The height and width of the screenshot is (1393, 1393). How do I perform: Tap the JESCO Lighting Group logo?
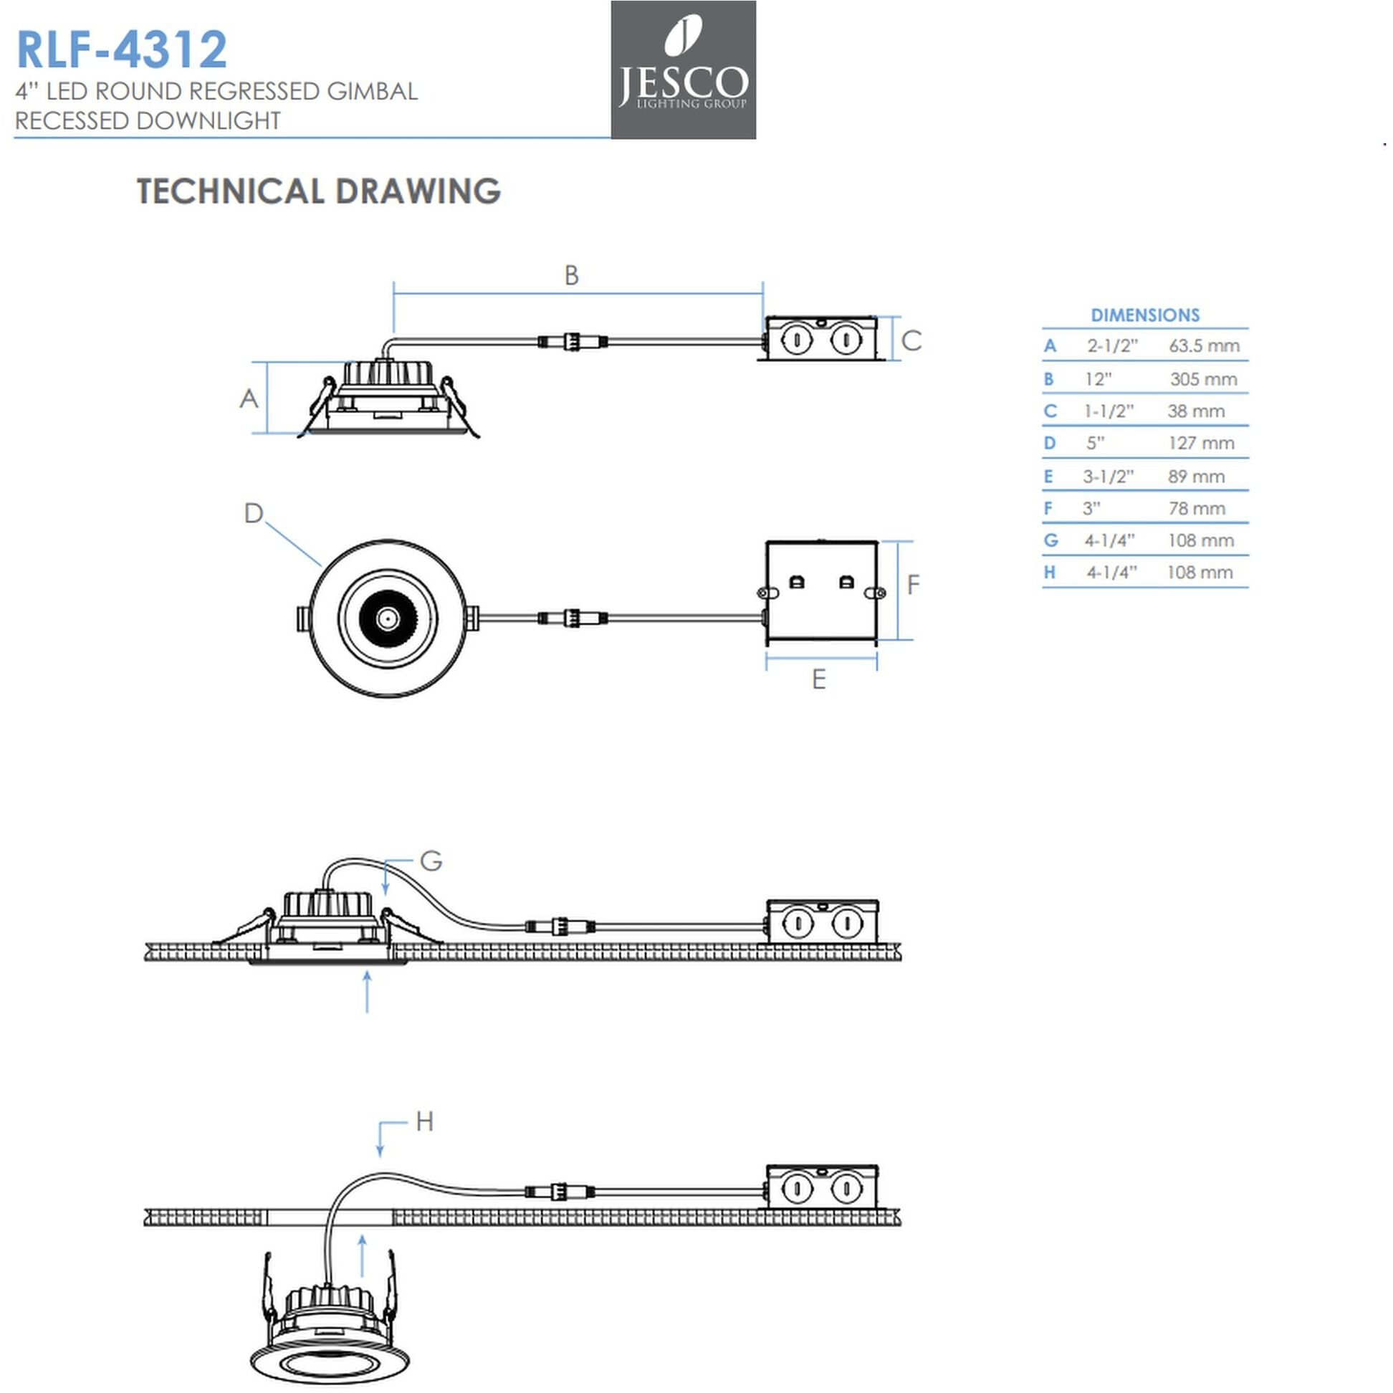(683, 70)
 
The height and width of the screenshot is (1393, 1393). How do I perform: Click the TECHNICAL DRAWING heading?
(318, 191)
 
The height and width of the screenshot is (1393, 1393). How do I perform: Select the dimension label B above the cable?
(571, 274)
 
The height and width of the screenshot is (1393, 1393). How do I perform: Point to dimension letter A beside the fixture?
(249, 398)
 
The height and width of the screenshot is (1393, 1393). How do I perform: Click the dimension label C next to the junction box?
(911, 340)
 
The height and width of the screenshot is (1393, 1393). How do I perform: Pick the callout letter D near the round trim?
(253, 513)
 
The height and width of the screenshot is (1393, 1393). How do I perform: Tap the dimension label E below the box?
(818, 679)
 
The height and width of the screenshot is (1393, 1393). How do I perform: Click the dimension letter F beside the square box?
(913, 584)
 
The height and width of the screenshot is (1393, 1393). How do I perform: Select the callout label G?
(431, 860)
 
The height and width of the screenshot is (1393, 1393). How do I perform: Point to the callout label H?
(424, 1121)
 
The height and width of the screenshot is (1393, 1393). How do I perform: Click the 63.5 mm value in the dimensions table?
(1203, 345)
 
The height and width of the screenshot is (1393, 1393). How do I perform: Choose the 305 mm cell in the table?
(1202, 378)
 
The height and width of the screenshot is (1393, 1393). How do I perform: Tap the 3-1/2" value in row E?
(1108, 476)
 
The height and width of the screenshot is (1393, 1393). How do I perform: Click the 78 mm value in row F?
(1196, 508)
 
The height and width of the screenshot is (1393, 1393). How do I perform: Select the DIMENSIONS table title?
(1144, 315)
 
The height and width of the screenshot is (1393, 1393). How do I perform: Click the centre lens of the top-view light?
(387, 618)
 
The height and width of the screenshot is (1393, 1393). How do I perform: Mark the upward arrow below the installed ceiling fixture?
(367, 991)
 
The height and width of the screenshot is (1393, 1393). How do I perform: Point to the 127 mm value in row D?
(1200, 443)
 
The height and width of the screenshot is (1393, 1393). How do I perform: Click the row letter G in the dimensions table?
(1050, 540)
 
